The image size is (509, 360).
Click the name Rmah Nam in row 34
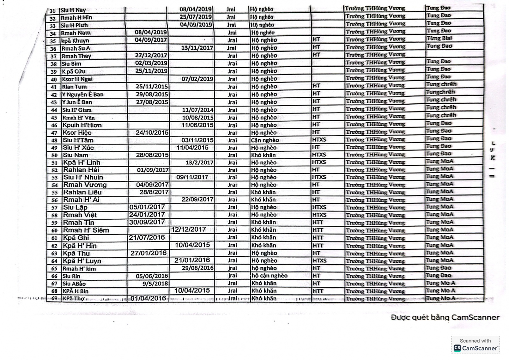point(76,33)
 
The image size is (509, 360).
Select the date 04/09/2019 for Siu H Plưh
point(196,25)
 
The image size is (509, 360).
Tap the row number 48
point(54,140)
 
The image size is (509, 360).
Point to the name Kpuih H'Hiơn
point(82,125)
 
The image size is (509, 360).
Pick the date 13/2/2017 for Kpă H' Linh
point(199,163)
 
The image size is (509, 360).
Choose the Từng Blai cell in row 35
point(439,39)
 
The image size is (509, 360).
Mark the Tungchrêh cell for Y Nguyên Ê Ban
point(441,92)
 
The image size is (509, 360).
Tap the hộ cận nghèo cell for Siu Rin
point(269,276)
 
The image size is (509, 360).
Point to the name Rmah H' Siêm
point(86,230)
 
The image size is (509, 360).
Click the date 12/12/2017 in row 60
point(189,229)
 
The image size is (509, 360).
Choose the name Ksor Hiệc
point(77,133)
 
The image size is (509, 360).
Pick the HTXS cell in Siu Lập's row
point(319,207)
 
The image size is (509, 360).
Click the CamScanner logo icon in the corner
point(457,348)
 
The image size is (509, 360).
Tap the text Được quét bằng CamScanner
point(445,317)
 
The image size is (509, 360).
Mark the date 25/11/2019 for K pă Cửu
point(151,71)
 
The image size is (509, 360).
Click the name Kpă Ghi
point(76,238)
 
